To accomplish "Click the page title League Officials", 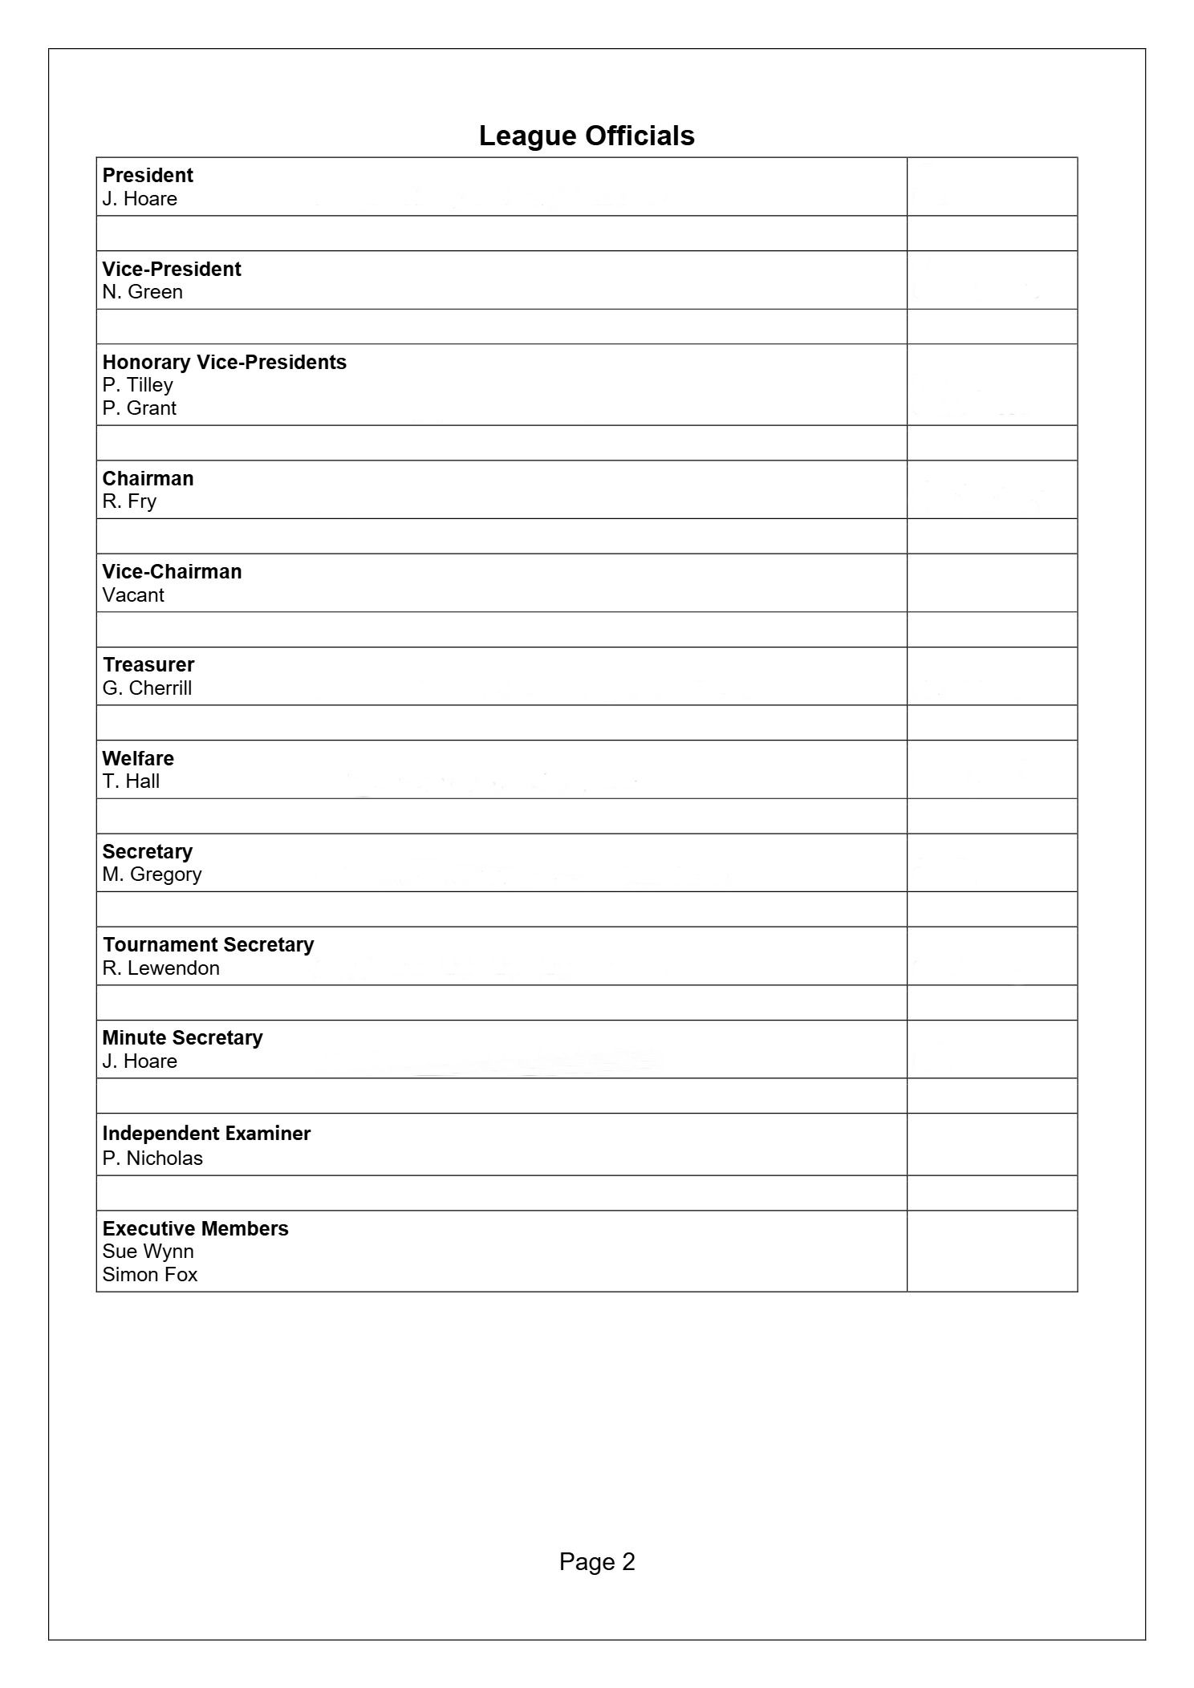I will (x=587, y=136).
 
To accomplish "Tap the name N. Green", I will (x=142, y=292).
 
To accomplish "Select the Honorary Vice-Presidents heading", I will (x=224, y=362).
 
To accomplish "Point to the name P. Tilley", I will (x=137, y=385).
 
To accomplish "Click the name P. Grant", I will (x=139, y=408).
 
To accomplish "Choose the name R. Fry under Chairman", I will (x=129, y=501).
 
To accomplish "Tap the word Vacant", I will (x=133, y=595).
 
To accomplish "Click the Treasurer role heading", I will (x=148, y=664).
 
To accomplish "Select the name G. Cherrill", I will (x=147, y=688).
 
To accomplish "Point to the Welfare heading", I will (x=138, y=758).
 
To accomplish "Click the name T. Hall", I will (x=131, y=781).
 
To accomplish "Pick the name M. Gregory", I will (x=152, y=874).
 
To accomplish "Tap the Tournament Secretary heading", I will (x=209, y=944).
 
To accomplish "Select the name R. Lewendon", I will (x=160, y=968).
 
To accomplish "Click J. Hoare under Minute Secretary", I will (x=140, y=1061).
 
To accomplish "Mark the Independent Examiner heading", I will (x=206, y=1134).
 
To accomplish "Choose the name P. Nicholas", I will (x=152, y=1158).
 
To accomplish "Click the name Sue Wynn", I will (x=148, y=1252).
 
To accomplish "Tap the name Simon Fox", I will (x=149, y=1275).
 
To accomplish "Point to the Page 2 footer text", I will (x=597, y=1562).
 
